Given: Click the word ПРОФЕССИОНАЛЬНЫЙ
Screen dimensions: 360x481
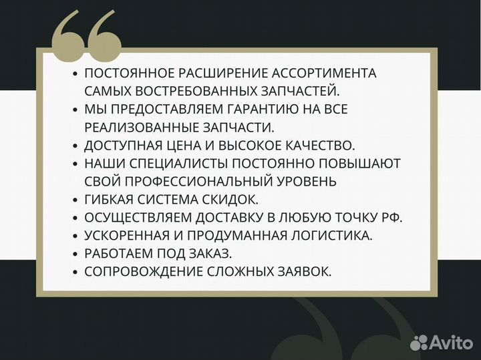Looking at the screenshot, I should pyautogui.click(x=204, y=181).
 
